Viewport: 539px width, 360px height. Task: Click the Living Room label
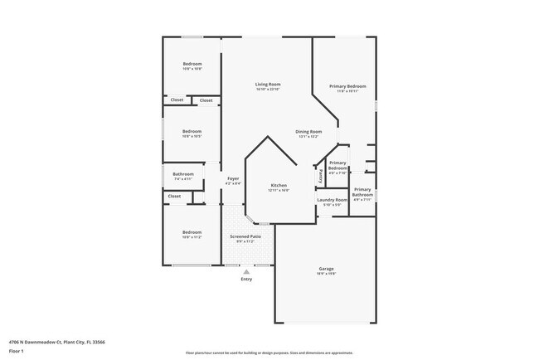click(x=267, y=84)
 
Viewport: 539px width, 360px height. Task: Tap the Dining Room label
click(x=308, y=132)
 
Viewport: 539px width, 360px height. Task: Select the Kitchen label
click(x=279, y=185)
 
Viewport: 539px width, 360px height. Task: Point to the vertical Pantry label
click(x=320, y=176)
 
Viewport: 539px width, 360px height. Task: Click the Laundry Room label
click(x=331, y=200)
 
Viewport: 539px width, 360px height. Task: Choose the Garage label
click(x=326, y=269)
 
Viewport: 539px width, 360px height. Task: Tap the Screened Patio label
click(x=245, y=236)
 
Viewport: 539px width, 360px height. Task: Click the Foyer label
click(x=234, y=178)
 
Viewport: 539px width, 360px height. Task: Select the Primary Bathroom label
click(x=362, y=192)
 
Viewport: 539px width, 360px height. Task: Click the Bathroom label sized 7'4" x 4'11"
click(x=183, y=174)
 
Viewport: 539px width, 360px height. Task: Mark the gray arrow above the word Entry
click(x=245, y=271)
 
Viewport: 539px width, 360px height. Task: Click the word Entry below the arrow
click(x=246, y=280)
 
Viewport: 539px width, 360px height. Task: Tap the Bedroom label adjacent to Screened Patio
click(x=192, y=232)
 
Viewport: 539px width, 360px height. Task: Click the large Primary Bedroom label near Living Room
click(x=347, y=86)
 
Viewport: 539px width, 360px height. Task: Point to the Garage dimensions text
click(x=326, y=275)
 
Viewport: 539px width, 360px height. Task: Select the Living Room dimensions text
click(x=267, y=90)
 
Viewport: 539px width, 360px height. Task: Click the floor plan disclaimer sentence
click(x=269, y=353)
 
